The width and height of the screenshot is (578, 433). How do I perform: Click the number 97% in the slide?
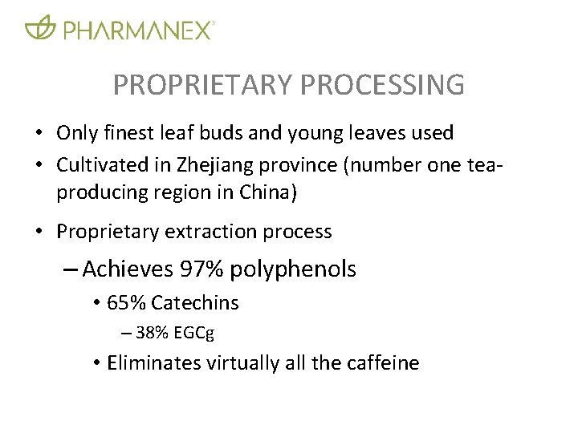[201, 269]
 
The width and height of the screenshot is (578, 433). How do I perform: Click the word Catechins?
[195, 303]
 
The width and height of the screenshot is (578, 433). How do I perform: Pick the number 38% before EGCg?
[152, 333]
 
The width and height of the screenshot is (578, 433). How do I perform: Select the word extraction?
[201, 232]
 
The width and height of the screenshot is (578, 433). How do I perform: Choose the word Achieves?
[128, 269]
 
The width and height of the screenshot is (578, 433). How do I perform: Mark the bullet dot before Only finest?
[38, 133]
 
